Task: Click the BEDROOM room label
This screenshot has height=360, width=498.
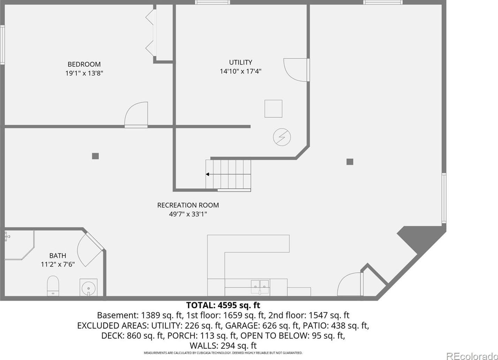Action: click(x=84, y=64)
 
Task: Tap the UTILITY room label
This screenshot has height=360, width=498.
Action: click(x=241, y=62)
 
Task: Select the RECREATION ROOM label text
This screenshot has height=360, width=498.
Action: click(x=188, y=205)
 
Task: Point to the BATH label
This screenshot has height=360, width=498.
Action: click(x=58, y=255)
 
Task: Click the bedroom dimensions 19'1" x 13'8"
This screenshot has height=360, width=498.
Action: click(x=84, y=73)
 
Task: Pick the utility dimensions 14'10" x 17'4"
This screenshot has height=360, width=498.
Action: click(x=241, y=72)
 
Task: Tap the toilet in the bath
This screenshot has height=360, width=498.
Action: click(x=53, y=286)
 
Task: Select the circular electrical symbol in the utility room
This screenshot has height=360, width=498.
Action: click(x=282, y=137)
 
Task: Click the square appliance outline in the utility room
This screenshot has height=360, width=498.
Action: click(x=273, y=109)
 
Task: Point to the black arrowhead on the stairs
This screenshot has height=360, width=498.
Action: click(x=207, y=174)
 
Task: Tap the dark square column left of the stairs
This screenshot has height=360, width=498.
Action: click(x=95, y=156)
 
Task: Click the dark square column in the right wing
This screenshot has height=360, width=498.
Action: click(x=350, y=162)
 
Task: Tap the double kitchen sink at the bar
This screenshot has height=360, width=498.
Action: click(x=260, y=287)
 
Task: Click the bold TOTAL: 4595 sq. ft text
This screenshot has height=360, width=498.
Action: click(x=223, y=305)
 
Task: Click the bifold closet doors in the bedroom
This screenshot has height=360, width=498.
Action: click(x=151, y=33)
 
